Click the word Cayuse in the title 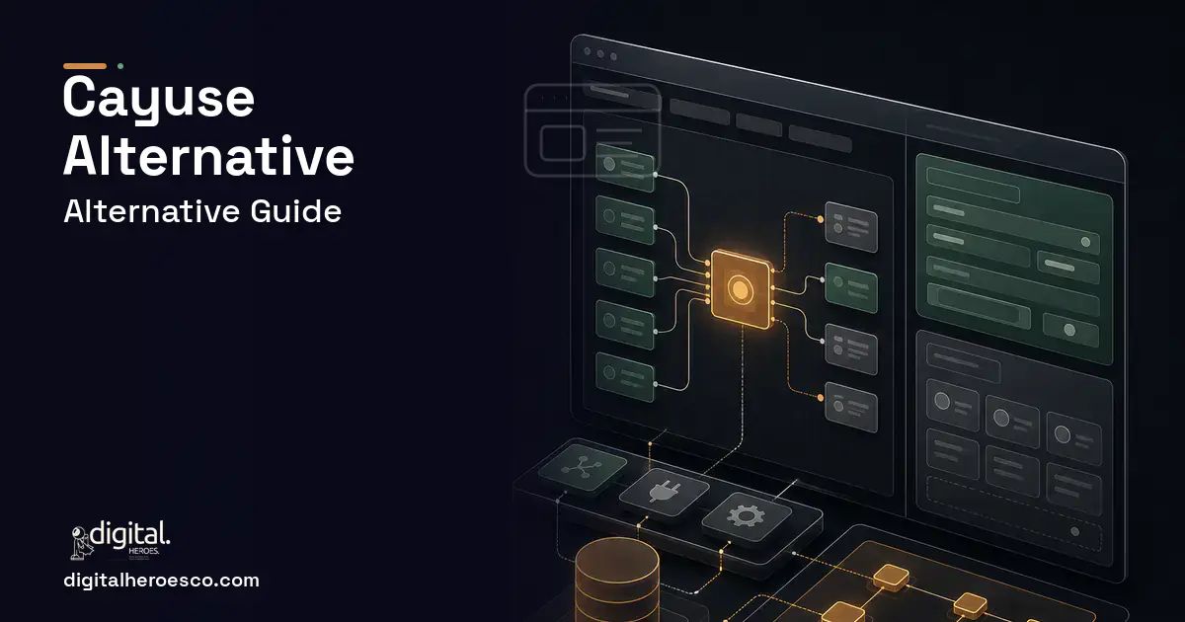(159, 100)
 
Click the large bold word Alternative (208, 156)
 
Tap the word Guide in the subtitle (295, 211)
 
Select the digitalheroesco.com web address (161, 581)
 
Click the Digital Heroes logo (120, 539)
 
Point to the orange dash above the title (85, 66)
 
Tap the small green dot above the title (120, 66)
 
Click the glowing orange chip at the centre (740, 288)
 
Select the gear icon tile (747, 516)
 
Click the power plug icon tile (664, 492)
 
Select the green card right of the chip (851, 287)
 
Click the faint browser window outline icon (592, 129)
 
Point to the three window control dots (600, 53)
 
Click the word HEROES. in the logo (143, 551)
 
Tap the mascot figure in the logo (80, 542)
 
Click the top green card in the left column (625, 167)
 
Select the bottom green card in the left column (625, 376)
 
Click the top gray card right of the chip (851, 226)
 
